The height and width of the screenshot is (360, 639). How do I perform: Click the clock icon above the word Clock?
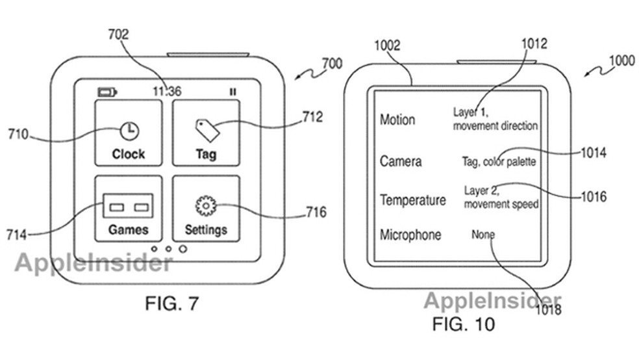tap(129, 131)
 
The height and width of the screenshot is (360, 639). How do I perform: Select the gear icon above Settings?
tap(205, 206)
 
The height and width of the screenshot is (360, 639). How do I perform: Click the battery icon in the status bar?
tap(106, 92)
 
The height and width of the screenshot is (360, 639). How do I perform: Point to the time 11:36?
tap(167, 92)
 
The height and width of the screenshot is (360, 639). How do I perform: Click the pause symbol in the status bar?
tap(232, 92)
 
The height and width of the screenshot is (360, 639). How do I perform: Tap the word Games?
tap(128, 229)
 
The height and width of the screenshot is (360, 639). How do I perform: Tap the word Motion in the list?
tap(397, 120)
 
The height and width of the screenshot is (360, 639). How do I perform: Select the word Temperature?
tap(413, 200)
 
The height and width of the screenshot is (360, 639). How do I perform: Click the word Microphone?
tap(410, 235)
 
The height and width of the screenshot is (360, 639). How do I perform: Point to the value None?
tap(483, 235)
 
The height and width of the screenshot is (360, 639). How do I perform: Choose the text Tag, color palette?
tap(499, 162)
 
